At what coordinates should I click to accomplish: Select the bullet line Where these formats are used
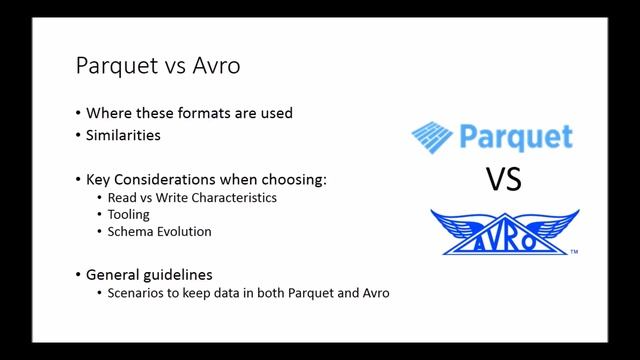pyautogui.click(x=190, y=113)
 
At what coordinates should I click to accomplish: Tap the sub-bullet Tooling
pyautogui.click(x=129, y=214)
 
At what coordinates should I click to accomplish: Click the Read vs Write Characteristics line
pyautogui.click(x=193, y=197)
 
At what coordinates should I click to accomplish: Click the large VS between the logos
pyautogui.click(x=504, y=180)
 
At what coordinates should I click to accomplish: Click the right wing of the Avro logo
pyautogui.click(x=556, y=226)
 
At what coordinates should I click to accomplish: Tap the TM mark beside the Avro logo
pyautogui.click(x=574, y=253)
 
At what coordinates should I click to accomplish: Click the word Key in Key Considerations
pyautogui.click(x=100, y=180)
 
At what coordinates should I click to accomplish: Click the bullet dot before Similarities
pyautogui.click(x=79, y=135)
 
